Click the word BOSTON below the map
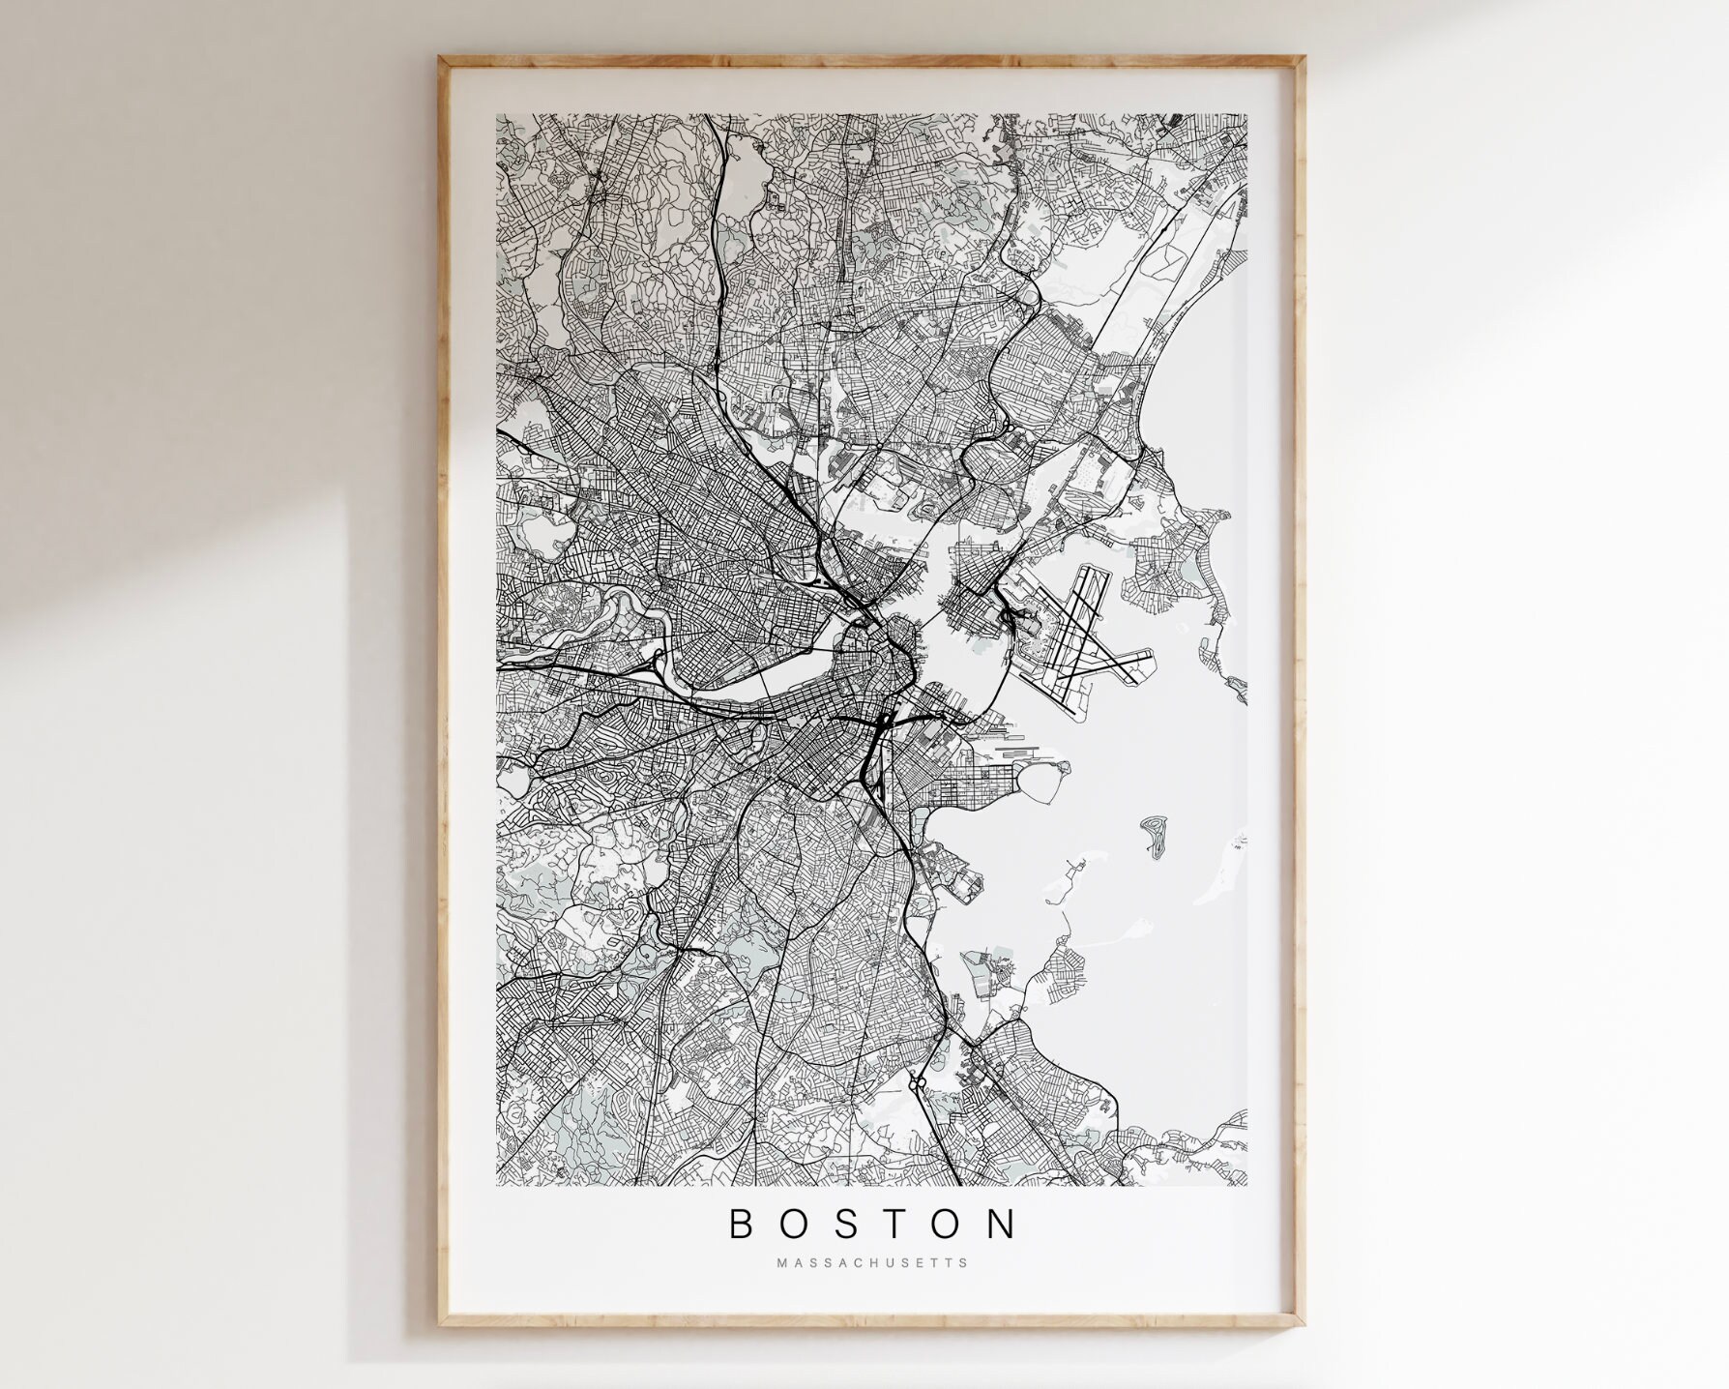pyautogui.click(x=872, y=1224)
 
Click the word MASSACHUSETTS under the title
pyautogui.click(x=871, y=1262)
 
